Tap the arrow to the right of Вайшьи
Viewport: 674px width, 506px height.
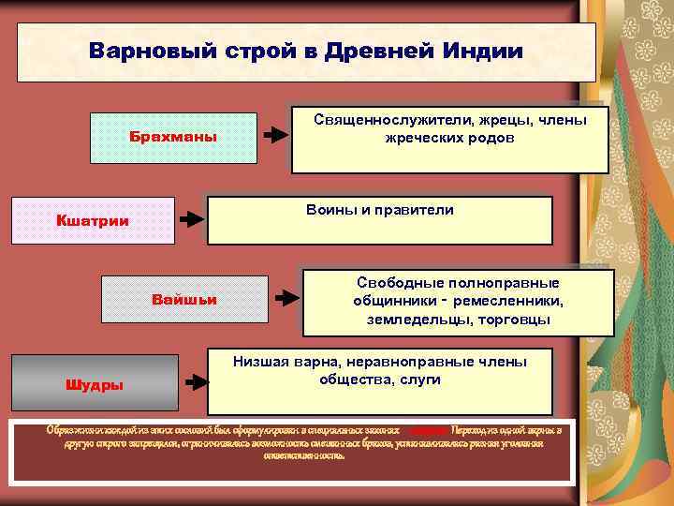pos(286,297)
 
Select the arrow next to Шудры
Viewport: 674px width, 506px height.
pos(195,382)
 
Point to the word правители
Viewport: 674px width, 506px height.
pos(415,210)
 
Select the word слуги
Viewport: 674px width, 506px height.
pos(419,380)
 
